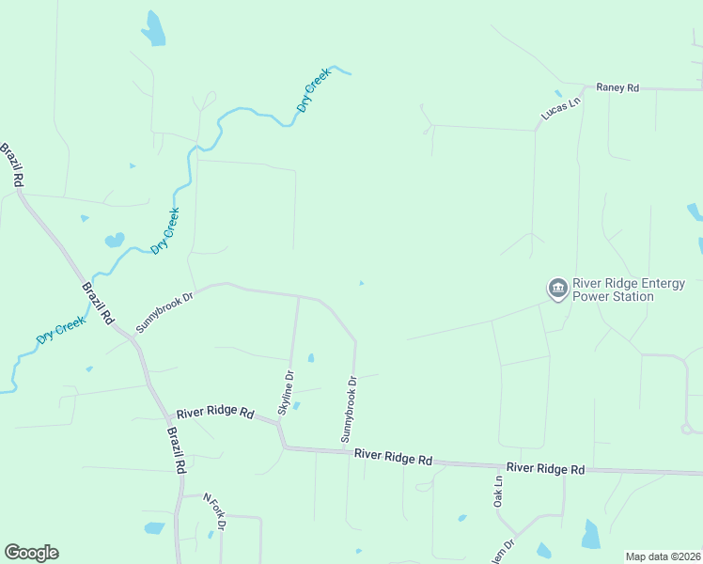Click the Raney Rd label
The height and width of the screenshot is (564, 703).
[x=617, y=87]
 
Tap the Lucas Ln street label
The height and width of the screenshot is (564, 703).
[x=562, y=108]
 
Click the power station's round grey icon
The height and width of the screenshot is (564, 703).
[x=557, y=288]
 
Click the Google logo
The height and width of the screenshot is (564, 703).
[x=31, y=553]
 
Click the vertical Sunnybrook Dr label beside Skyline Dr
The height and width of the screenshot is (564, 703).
[x=349, y=409]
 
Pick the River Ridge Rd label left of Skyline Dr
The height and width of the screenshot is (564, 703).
[x=215, y=413]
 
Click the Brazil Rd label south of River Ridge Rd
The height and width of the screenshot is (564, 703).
[x=176, y=449]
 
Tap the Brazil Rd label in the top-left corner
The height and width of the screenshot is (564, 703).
[x=12, y=164]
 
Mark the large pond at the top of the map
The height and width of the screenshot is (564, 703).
[x=153, y=29]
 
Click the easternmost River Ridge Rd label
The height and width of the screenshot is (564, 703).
[x=545, y=468]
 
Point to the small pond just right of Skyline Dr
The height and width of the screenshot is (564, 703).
[x=311, y=357]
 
